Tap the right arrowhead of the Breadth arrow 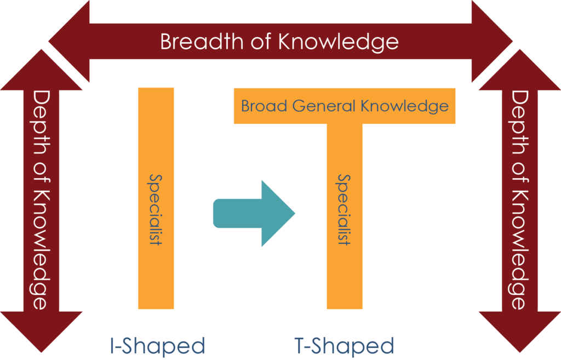[492, 41]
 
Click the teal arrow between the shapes [254, 214]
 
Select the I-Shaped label [157, 346]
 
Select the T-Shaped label [344, 346]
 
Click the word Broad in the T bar [264, 106]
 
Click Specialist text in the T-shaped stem [345, 210]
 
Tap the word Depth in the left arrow [41, 123]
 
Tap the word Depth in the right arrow [519, 123]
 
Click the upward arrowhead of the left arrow [41, 70]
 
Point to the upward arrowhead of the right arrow [520, 70]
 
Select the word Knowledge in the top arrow [339, 42]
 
